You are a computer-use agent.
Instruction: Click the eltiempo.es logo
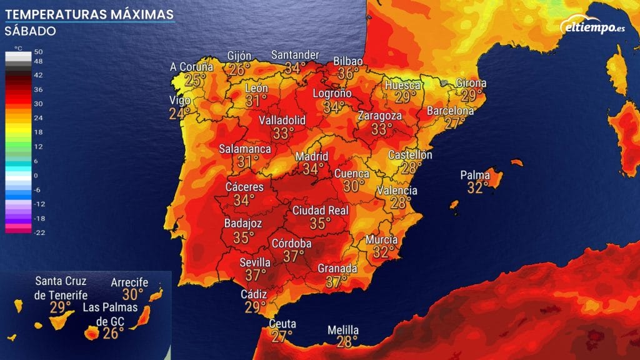[x=591, y=27]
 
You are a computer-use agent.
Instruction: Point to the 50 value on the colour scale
[x=38, y=51]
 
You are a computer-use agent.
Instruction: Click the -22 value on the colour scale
[x=38, y=232]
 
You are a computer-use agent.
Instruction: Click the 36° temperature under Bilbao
[x=348, y=73]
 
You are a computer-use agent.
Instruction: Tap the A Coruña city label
[x=192, y=67]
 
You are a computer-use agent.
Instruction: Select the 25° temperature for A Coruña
[x=195, y=80]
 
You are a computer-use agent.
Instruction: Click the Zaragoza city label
[x=379, y=116]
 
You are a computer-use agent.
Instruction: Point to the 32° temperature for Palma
[x=476, y=187]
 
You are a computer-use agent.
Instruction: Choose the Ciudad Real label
[x=321, y=211]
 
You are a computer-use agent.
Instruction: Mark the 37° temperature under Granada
[x=337, y=282]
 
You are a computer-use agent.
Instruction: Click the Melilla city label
[x=343, y=330]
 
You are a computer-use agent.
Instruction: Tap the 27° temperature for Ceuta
[x=282, y=336]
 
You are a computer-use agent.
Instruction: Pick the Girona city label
[x=471, y=83]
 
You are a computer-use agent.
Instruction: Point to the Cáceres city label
[x=244, y=187]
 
